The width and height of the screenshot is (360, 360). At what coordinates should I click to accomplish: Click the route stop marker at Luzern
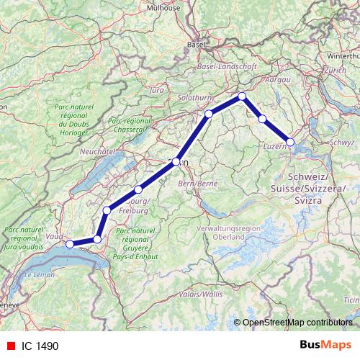point(291,142)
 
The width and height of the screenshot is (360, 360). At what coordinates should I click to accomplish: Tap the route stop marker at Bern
point(176,162)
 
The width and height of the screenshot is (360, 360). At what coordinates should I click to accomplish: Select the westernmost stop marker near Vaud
point(70,244)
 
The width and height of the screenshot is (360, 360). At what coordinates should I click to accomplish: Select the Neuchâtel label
point(99,152)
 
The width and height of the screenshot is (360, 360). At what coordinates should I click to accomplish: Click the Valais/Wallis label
point(202,294)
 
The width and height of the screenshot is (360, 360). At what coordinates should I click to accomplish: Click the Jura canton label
point(156,91)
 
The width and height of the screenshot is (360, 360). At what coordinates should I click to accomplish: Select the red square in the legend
point(9,346)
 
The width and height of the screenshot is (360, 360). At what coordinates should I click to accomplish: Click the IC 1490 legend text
point(40,346)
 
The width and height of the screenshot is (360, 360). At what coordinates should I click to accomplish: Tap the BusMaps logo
point(325,345)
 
